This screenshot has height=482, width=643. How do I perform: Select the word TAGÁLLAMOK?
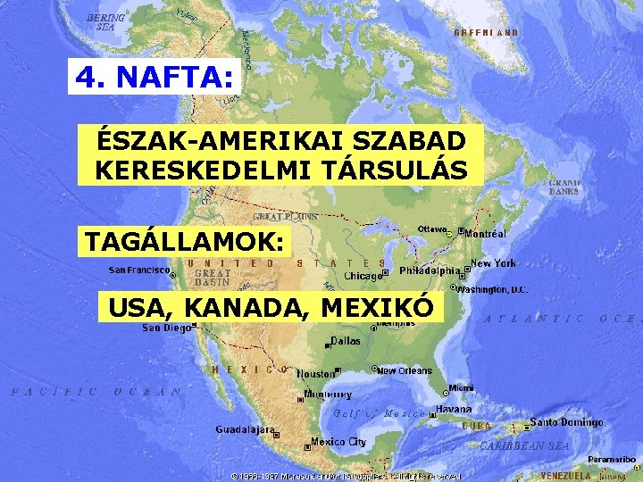tap(186, 241)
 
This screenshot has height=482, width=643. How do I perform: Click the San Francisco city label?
tap(138, 269)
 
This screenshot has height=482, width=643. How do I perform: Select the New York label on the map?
tap(493, 263)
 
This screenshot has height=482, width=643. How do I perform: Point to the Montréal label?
tap(486, 234)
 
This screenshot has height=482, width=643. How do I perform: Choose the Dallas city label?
tap(346, 341)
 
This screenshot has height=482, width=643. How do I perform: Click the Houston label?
tap(314, 374)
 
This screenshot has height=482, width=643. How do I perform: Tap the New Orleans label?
tap(405, 370)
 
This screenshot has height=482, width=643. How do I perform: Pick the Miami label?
tap(462, 388)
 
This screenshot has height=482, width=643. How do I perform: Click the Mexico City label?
tap(338, 442)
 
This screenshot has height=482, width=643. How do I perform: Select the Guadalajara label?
tap(244, 429)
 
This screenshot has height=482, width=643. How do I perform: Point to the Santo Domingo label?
tap(567, 422)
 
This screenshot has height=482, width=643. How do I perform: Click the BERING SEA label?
tap(105, 21)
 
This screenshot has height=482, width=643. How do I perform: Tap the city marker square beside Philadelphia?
tap(467, 270)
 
